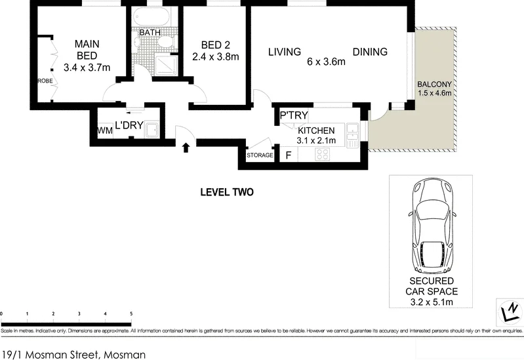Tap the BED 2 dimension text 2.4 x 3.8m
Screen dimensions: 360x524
coord(215,57)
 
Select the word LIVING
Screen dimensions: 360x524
coord(284,52)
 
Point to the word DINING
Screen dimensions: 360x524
coord(370,52)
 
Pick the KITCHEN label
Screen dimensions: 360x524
coord(316,130)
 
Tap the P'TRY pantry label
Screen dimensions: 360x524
coord(294,116)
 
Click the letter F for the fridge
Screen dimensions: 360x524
coord(287,155)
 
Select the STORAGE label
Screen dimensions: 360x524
coord(259,155)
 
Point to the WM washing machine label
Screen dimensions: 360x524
coord(104,131)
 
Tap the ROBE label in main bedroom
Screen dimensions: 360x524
coord(45,81)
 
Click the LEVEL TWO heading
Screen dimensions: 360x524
coord(226,193)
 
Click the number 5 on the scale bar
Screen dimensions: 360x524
coord(131,314)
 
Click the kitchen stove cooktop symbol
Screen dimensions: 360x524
coord(323,155)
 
